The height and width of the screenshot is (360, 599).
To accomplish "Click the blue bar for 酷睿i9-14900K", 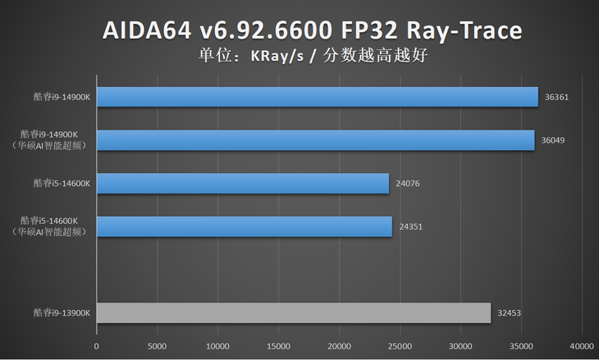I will (x=318, y=98).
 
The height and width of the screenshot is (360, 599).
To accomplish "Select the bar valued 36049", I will (x=316, y=140).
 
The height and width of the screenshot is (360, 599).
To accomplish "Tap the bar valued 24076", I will (x=243, y=184).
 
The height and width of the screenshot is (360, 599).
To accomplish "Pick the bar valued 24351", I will (x=245, y=226).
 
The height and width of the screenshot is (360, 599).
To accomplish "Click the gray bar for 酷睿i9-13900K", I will (x=294, y=312).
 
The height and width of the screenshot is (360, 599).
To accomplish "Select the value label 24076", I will (x=408, y=184).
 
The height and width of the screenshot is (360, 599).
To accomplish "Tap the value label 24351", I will (x=410, y=226).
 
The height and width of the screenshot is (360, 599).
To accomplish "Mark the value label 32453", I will (x=509, y=312).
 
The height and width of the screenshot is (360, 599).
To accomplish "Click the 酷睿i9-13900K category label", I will (x=62, y=312).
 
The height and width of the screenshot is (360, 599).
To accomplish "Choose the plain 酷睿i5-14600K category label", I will (x=62, y=184).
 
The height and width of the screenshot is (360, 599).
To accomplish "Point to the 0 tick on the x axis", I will (x=97, y=346).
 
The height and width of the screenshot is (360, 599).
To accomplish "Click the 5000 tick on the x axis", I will (x=157, y=346).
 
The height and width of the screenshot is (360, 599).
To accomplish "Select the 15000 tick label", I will (x=278, y=346).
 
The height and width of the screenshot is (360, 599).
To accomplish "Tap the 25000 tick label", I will (x=400, y=346).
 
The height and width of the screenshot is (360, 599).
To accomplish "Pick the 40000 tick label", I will (x=582, y=346).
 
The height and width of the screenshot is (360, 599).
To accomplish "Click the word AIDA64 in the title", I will (x=149, y=31).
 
